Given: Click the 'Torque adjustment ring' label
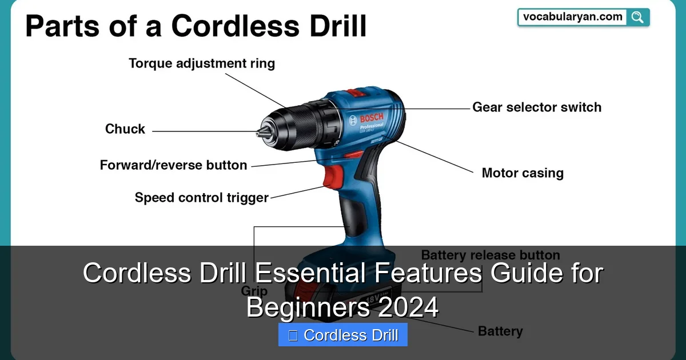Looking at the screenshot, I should (x=202, y=63).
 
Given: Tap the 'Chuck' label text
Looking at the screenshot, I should (x=125, y=129).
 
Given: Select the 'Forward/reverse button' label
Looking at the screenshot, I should (x=173, y=166).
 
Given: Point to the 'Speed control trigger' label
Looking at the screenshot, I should (x=201, y=198).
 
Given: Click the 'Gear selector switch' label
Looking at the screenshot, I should (x=536, y=107).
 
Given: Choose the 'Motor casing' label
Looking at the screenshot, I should (x=522, y=173).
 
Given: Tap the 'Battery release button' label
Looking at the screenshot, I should (x=490, y=255).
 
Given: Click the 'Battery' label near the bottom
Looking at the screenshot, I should (x=500, y=331).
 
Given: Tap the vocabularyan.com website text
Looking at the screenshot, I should (x=572, y=17).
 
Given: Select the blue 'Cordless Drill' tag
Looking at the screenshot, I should (x=343, y=335).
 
